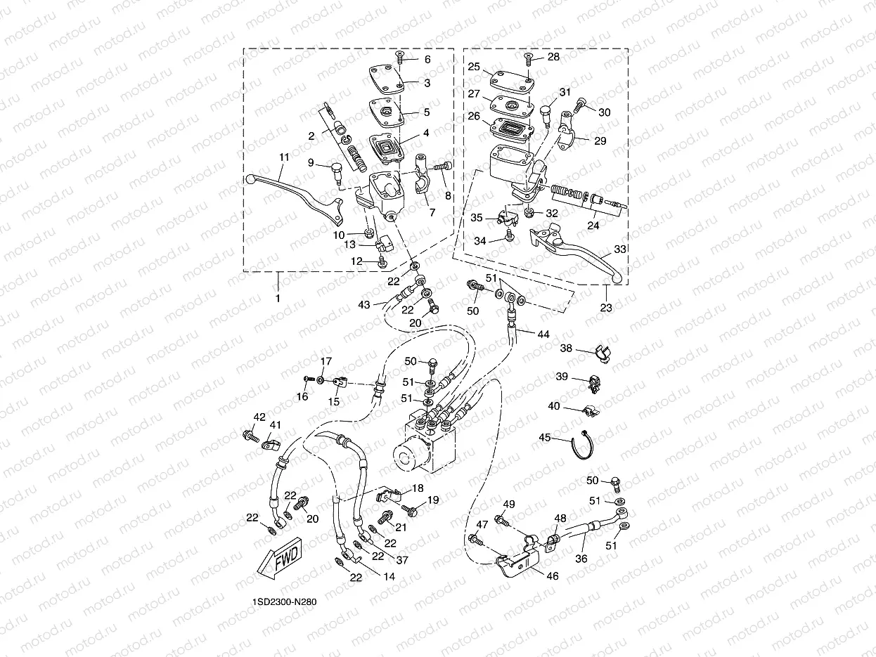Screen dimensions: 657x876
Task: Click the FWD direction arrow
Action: (281, 559)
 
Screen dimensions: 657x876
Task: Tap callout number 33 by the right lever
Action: (619, 249)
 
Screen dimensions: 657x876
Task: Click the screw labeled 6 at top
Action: (399, 58)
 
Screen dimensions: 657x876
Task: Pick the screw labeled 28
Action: (529, 58)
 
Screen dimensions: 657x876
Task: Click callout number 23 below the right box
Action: (606, 307)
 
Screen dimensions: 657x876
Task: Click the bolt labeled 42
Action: (249, 436)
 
